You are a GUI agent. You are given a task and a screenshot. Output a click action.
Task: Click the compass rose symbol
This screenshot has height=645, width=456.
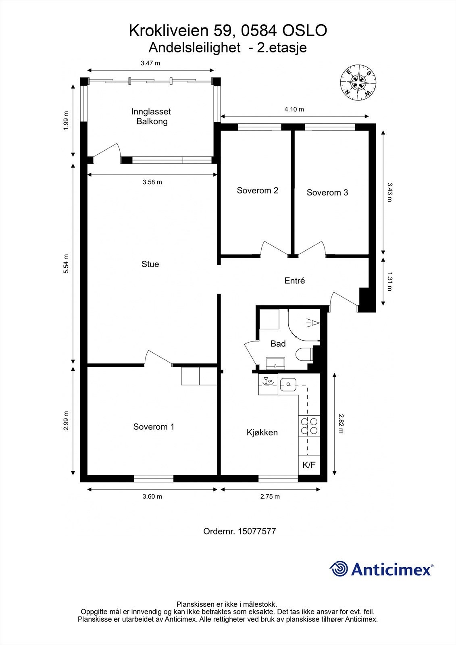(x=358, y=83)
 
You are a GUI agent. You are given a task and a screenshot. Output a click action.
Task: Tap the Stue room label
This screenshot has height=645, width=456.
(x=150, y=264)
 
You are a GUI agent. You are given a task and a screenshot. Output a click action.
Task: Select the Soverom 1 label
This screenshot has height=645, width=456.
(x=154, y=427)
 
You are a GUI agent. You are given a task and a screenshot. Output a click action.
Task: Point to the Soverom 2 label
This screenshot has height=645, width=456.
(x=258, y=190)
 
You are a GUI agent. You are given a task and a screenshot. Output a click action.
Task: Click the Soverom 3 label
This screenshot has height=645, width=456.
(x=327, y=192)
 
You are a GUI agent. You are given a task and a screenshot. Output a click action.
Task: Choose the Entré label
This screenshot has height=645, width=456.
(x=295, y=281)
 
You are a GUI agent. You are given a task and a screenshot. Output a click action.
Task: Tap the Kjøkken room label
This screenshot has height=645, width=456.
(x=262, y=433)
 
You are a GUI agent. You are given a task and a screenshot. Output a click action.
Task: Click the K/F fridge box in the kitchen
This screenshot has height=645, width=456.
(x=309, y=465)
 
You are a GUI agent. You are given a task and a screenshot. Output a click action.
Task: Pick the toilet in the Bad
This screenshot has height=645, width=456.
(x=304, y=354)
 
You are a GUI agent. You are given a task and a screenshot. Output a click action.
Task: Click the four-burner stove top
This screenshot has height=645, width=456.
(x=309, y=426)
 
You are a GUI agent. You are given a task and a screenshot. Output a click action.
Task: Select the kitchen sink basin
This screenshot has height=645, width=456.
(x=288, y=385)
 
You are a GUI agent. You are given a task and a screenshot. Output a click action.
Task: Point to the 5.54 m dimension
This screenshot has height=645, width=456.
(x=66, y=264)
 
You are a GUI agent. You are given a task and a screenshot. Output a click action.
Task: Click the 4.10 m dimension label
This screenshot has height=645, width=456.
(x=294, y=109)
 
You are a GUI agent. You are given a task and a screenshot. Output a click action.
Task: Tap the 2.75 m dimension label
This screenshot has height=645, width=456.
(x=270, y=496)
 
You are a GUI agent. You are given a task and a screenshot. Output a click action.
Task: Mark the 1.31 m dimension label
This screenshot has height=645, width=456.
(x=389, y=281)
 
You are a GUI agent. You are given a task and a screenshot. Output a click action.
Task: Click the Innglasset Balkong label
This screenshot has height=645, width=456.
(x=152, y=117)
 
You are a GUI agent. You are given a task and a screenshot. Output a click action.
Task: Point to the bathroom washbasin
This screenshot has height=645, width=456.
(x=276, y=363)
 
